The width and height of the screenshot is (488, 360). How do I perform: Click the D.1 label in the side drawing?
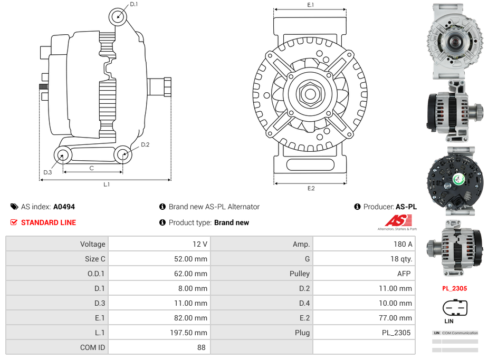click(134, 4)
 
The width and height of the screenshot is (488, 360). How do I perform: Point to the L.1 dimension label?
click(106, 184)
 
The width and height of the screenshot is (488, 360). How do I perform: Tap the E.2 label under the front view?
click(311, 189)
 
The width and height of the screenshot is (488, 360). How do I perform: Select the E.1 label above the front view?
click(311, 5)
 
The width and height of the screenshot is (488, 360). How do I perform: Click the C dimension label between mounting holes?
click(91, 168)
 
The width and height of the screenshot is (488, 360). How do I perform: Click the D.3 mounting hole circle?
click(63, 155)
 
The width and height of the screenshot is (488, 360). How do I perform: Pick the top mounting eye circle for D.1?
click(118, 16)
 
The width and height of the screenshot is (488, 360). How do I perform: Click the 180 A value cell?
click(403, 244)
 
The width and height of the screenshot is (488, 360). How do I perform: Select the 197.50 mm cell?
click(193, 333)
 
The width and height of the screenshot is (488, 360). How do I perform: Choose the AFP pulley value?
click(404, 274)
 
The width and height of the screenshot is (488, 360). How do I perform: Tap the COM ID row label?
click(93, 347)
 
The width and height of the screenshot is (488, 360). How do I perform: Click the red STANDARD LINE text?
click(49, 222)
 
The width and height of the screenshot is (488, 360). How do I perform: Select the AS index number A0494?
click(64, 207)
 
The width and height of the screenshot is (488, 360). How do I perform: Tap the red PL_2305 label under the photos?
click(454, 288)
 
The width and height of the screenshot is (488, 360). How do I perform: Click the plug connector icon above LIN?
click(455, 307)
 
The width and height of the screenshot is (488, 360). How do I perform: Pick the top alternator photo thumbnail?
click(454, 42)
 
